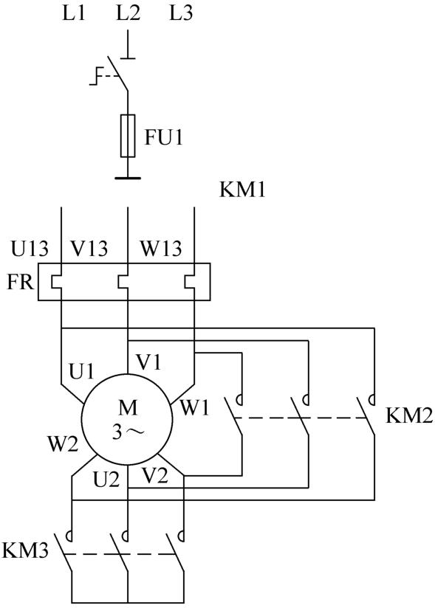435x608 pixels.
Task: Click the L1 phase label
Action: coord(74,14)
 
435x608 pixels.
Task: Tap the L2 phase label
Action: coord(128,14)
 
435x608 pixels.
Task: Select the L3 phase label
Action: coord(181,14)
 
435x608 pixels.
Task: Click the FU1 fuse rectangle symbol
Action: coord(128,136)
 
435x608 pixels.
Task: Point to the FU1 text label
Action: coord(163,137)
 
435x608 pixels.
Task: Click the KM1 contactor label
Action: coord(242,190)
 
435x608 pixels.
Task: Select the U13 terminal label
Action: coord(30,249)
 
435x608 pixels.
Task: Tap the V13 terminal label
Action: coord(89,249)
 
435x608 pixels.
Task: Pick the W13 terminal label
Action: coord(161,249)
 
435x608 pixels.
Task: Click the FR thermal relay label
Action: coord(20,283)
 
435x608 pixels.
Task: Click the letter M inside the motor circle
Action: coord(128,408)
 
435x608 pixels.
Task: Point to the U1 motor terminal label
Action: coord(81,371)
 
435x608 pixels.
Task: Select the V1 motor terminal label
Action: coord(148,362)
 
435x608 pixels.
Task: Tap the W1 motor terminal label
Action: coord(195,408)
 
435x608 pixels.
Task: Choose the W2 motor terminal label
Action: coord(63,444)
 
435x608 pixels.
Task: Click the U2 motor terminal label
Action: coord(106,480)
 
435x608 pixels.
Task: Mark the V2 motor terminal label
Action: coord(155,475)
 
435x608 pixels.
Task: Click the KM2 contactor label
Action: coord(409,416)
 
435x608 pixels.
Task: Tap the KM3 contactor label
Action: coord(25,550)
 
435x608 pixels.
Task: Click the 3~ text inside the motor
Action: coord(128,432)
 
